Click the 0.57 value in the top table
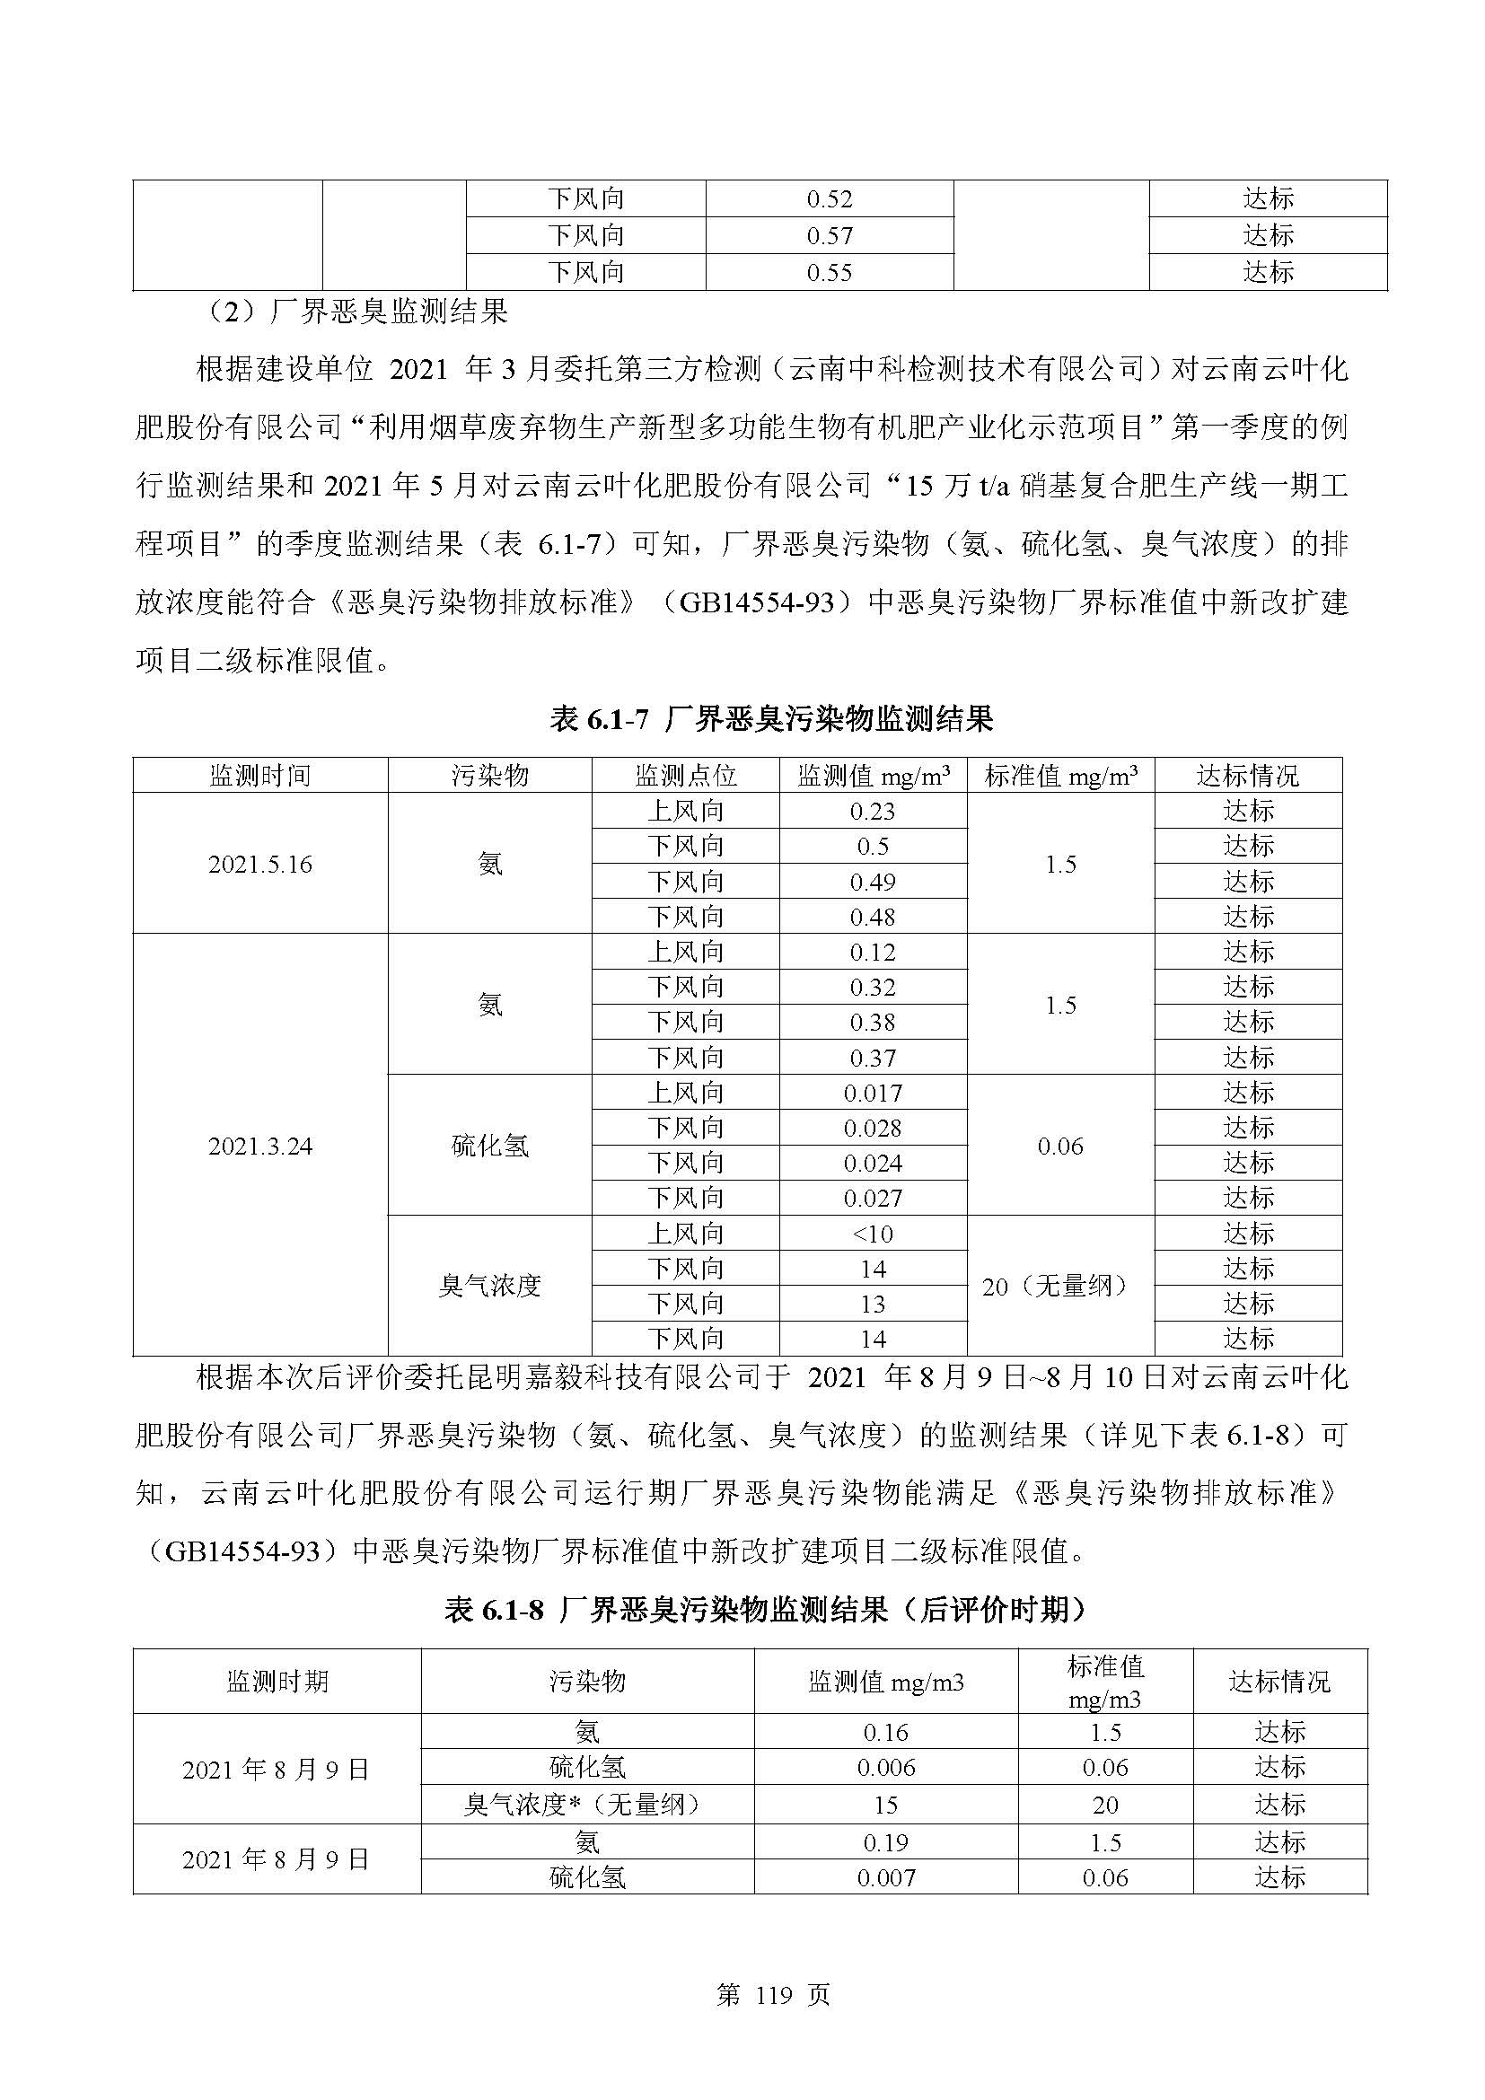click(830, 236)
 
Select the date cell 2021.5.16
click(259, 865)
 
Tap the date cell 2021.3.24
click(259, 1146)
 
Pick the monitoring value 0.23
click(873, 812)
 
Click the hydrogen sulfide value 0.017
click(873, 1093)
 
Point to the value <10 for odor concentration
click(873, 1234)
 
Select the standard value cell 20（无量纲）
click(1059, 1286)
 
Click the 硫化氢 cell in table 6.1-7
click(490, 1146)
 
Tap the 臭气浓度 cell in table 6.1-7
click(490, 1286)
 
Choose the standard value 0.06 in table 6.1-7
click(1059, 1146)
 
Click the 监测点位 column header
click(685, 776)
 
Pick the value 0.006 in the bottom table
click(886, 1768)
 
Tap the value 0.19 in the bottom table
click(886, 1842)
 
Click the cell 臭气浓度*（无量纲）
click(587, 1805)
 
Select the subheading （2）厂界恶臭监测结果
click(356, 312)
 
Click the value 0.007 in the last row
click(886, 1877)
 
